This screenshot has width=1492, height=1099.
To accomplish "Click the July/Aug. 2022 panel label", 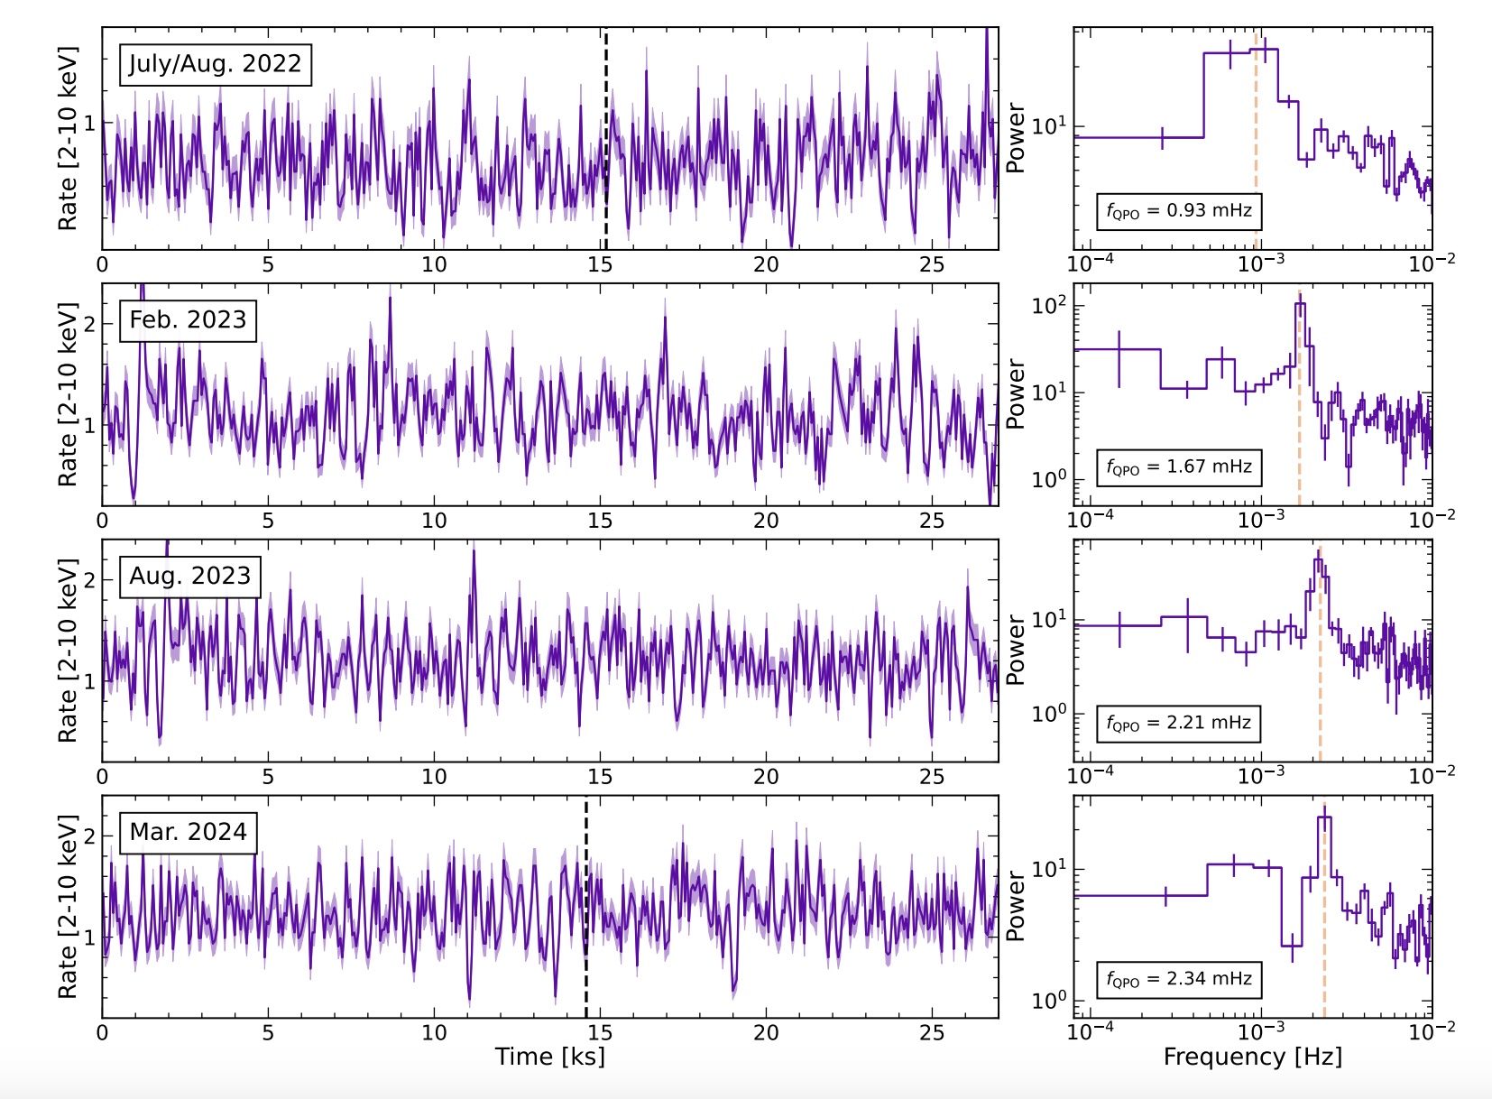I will [216, 64].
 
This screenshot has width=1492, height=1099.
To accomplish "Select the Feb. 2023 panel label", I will [188, 320].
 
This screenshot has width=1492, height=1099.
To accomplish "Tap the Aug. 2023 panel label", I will [189, 577].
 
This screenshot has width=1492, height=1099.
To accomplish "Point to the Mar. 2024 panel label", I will [188, 832].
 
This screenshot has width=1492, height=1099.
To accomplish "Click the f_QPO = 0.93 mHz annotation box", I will [1178, 211].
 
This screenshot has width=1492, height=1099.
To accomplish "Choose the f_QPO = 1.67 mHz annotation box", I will [1178, 467].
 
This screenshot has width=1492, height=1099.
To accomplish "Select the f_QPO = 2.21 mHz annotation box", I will [1178, 723].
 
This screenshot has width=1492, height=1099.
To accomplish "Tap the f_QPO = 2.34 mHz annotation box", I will [1178, 979].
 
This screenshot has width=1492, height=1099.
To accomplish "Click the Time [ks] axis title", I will [549, 1057].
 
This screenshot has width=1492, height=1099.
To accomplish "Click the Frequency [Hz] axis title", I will [1252, 1057].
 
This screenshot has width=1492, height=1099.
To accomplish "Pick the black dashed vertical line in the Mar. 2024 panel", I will [585, 902].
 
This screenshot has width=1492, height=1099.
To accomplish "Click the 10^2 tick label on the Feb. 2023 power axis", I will [1049, 305].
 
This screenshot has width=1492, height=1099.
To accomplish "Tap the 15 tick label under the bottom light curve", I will [600, 1032].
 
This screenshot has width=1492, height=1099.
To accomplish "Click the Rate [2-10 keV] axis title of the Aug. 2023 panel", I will [68, 650].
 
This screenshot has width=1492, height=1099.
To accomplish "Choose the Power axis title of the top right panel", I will [1016, 138].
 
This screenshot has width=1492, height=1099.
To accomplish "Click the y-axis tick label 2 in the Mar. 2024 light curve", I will [89, 836].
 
